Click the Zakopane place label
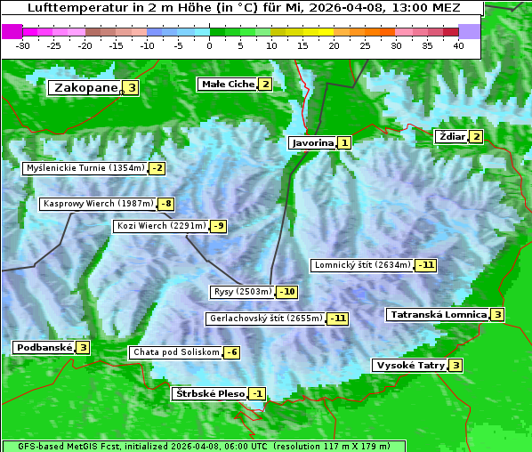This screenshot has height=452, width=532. click(85, 87)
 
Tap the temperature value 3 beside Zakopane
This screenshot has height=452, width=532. click(132, 87)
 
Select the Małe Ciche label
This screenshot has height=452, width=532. click(228, 84)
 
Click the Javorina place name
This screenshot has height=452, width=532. click(312, 142)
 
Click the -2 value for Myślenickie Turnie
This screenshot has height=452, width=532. click(157, 167)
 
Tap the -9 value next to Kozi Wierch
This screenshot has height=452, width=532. click(218, 226)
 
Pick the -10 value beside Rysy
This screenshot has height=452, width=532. click(287, 292)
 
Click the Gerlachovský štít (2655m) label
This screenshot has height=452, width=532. click(265, 318)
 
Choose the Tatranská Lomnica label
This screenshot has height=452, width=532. click(438, 314)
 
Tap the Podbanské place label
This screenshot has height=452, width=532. click(43, 347)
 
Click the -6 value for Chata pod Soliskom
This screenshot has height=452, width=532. click(230, 352)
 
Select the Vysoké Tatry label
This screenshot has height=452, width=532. click(409, 365)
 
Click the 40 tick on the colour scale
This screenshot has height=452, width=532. click(458, 45)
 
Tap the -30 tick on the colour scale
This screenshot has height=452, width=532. click(23, 45)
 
